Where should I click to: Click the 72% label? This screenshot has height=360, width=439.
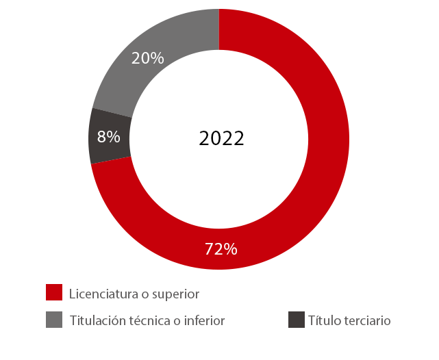click(221, 249)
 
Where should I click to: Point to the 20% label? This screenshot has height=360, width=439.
click(148, 59)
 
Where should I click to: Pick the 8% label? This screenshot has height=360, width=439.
click(109, 137)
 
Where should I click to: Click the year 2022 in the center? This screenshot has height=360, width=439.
click(221, 139)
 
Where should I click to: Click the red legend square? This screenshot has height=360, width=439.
click(54, 292)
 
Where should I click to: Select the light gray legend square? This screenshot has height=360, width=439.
click(54, 320)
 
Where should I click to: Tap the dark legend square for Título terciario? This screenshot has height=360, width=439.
click(297, 320)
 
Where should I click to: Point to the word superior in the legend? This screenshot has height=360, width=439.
click(174, 294)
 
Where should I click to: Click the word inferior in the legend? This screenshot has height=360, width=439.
click(205, 320)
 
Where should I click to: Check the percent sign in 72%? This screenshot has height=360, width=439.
click(230, 249)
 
